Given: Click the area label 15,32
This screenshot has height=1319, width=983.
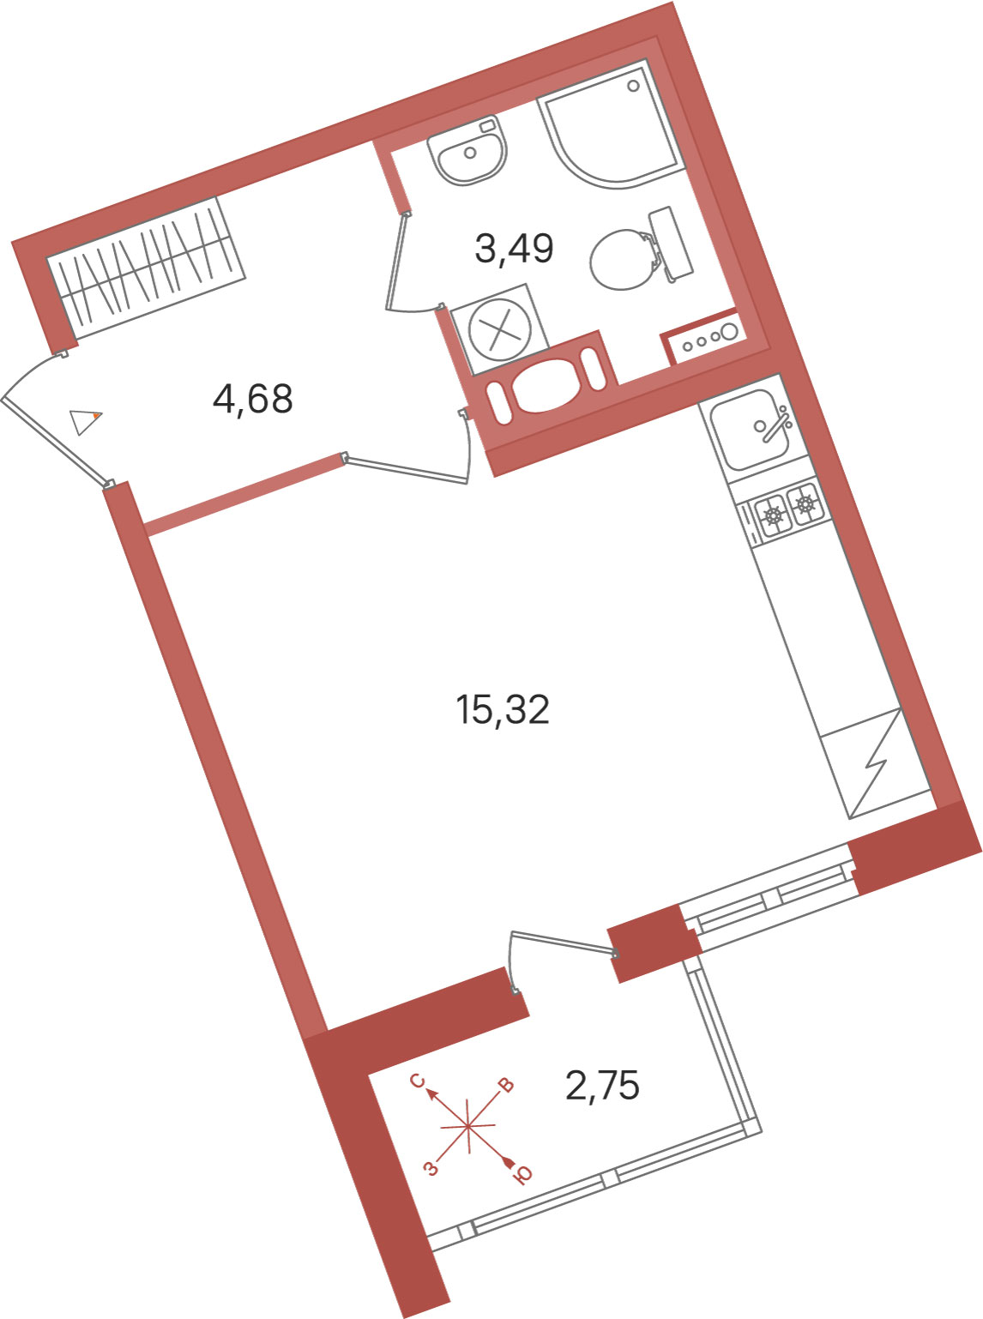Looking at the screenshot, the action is pyautogui.click(x=503, y=709).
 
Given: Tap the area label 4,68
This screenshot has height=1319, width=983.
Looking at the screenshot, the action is pyautogui.click(x=253, y=399).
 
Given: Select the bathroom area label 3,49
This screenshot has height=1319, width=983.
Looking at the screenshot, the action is pyautogui.click(x=514, y=248).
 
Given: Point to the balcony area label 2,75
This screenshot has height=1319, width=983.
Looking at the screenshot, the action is pyautogui.click(x=602, y=1085).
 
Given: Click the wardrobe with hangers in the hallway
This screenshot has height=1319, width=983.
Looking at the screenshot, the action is pyautogui.click(x=146, y=268).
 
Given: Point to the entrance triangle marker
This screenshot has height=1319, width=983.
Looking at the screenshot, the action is pyautogui.click(x=85, y=421).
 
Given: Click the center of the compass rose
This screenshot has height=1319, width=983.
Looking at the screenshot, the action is pyautogui.click(x=468, y=1126).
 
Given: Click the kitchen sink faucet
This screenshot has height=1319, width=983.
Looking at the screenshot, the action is pyautogui.click(x=776, y=425).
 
